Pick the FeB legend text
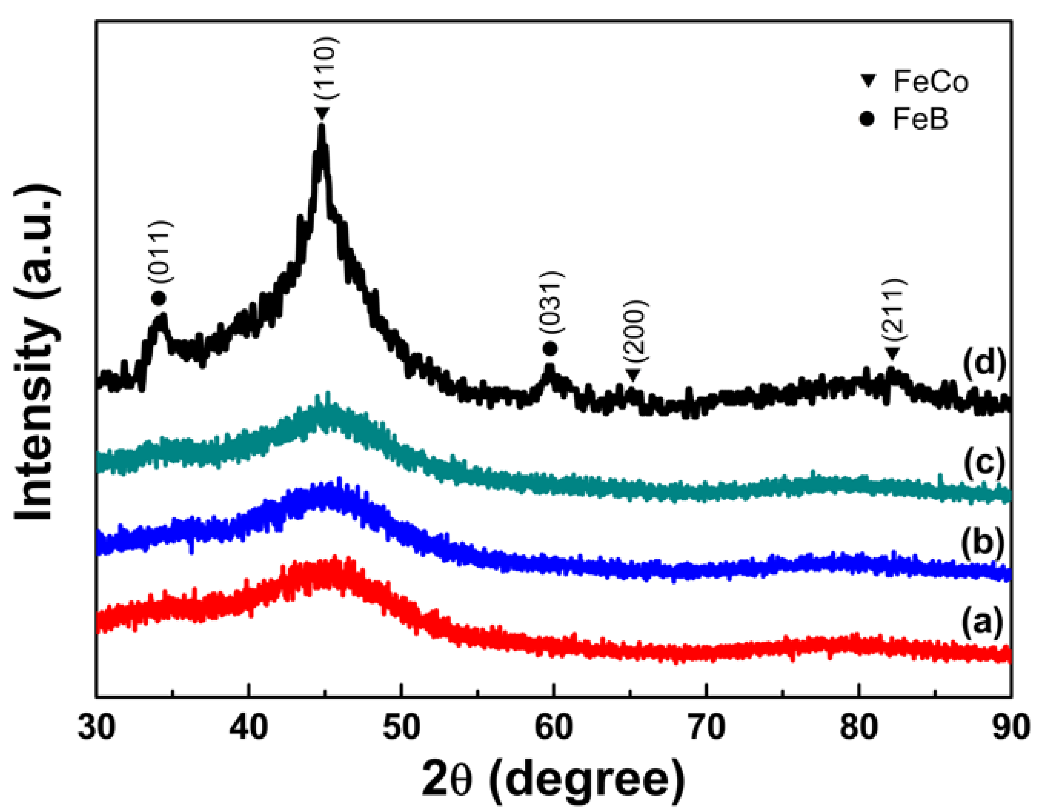click(920, 119)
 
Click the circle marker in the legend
click(869, 119)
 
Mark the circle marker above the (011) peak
click(159, 299)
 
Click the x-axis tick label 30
click(96, 728)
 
